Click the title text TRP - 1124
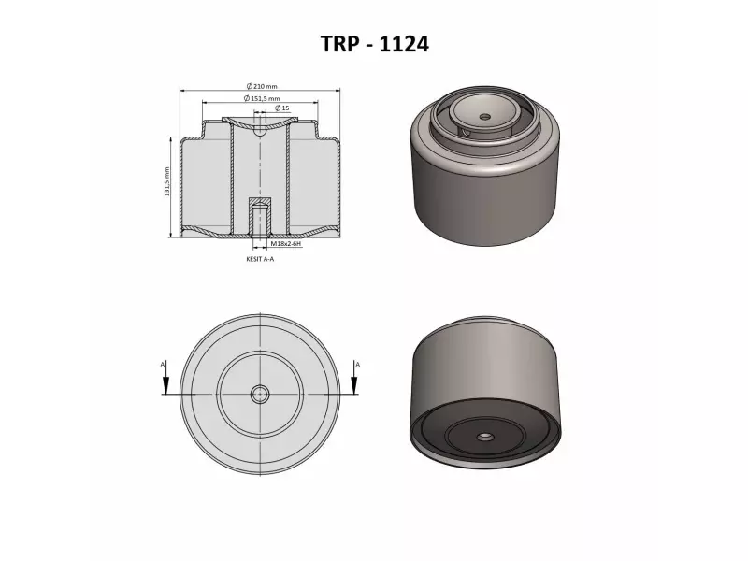coord(374,44)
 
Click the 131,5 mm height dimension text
coord(166,182)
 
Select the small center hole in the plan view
coord(259,394)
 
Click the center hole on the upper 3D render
coord(484,117)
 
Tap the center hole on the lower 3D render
coord(484,437)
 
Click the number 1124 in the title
coord(402,44)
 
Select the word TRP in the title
coord(338,44)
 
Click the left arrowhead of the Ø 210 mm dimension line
coord(182,92)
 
